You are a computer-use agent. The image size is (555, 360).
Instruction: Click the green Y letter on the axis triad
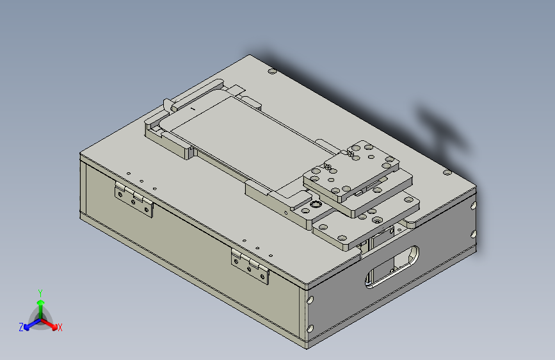click(40, 292)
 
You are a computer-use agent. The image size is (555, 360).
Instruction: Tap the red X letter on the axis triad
click(60, 328)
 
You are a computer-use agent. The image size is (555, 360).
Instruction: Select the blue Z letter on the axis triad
click(21, 327)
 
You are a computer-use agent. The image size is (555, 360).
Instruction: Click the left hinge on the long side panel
click(134, 199)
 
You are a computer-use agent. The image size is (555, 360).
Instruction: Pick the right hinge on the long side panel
click(250, 266)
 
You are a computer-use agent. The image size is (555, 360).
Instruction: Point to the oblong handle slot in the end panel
click(392, 266)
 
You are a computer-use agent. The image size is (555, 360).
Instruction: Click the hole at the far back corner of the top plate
click(271, 71)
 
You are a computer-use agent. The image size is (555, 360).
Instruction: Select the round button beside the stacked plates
click(314, 206)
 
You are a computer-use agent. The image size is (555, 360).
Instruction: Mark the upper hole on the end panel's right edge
click(474, 206)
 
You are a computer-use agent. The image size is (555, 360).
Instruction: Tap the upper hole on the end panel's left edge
click(311, 299)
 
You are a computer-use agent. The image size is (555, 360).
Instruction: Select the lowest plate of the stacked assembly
click(358, 224)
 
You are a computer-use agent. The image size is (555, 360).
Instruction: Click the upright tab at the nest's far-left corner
click(166, 104)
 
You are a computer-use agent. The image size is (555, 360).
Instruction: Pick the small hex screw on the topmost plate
click(351, 152)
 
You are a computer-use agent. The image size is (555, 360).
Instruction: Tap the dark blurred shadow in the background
click(442, 128)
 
